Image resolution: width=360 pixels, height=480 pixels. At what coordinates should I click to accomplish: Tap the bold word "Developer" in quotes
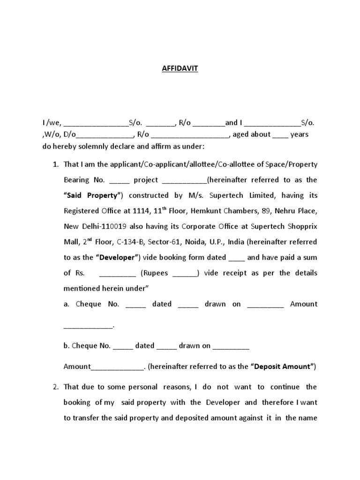pyautogui.click(x=117, y=257)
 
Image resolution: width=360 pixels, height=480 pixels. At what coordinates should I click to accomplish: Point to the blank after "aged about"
pyautogui.click(x=280, y=135)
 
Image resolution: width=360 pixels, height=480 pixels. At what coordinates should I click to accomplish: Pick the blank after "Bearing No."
pyautogui.click(x=119, y=180)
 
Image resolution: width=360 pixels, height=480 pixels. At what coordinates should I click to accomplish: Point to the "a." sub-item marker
pyautogui.click(x=67, y=304)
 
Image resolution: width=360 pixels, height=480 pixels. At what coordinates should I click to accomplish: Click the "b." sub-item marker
pyautogui.click(x=67, y=346)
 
